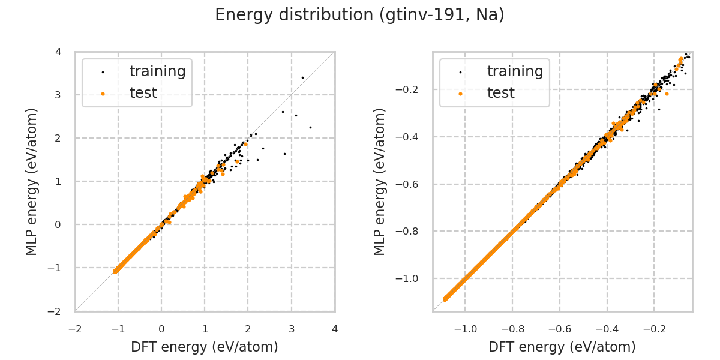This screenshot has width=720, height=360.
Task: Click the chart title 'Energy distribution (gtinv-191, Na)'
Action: (x=359, y=15)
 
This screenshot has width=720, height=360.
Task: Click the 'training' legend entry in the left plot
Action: (x=157, y=71)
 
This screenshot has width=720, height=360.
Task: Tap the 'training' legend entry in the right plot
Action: (x=515, y=71)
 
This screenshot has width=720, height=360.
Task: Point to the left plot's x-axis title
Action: (x=205, y=347)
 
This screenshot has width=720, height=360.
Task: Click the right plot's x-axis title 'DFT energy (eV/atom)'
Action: (x=562, y=347)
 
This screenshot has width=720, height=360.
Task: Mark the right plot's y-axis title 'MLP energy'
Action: (x=380, y=181)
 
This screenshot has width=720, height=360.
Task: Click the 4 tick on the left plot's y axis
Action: (x=58, y=52)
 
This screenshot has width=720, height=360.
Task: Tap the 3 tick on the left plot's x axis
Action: (x=292, y=329)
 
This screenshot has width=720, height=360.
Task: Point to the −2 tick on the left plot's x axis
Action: (x=75, y=329)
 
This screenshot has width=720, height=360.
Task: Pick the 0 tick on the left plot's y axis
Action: (x=58, y=224)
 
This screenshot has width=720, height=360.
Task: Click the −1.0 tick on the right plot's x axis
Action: (x=466, y=329)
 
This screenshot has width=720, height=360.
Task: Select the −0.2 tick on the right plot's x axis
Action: (x=654, y=329)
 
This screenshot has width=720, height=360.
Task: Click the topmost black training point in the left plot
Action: (x=302, y=77)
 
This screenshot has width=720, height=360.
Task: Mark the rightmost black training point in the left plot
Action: (x=310, y=127)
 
